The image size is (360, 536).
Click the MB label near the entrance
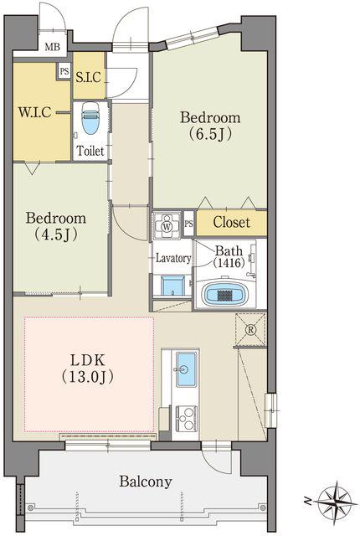click(x=52, y=47)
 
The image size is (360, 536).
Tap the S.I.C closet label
click(x=89, y=77)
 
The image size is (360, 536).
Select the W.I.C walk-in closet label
click(x=35, y=111)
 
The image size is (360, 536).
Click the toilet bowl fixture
click(x=90, y=118)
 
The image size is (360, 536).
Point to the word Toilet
click(x=90, y=151)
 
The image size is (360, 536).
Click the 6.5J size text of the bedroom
click(x=210, y=134)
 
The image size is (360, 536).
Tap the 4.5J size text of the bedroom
click(x=56, y=234)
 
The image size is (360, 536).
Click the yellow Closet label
click(x=232, y=222)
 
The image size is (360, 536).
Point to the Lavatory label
click(x=173, y=258)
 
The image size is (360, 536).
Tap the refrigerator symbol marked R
click(x=251, y=329)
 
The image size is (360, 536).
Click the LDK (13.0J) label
click(x=87, y=368)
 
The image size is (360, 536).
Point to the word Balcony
click(x=146, y=482)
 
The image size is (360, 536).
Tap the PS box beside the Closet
click(x=189, y=224)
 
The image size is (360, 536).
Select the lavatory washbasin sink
click(x=172, y=286)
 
